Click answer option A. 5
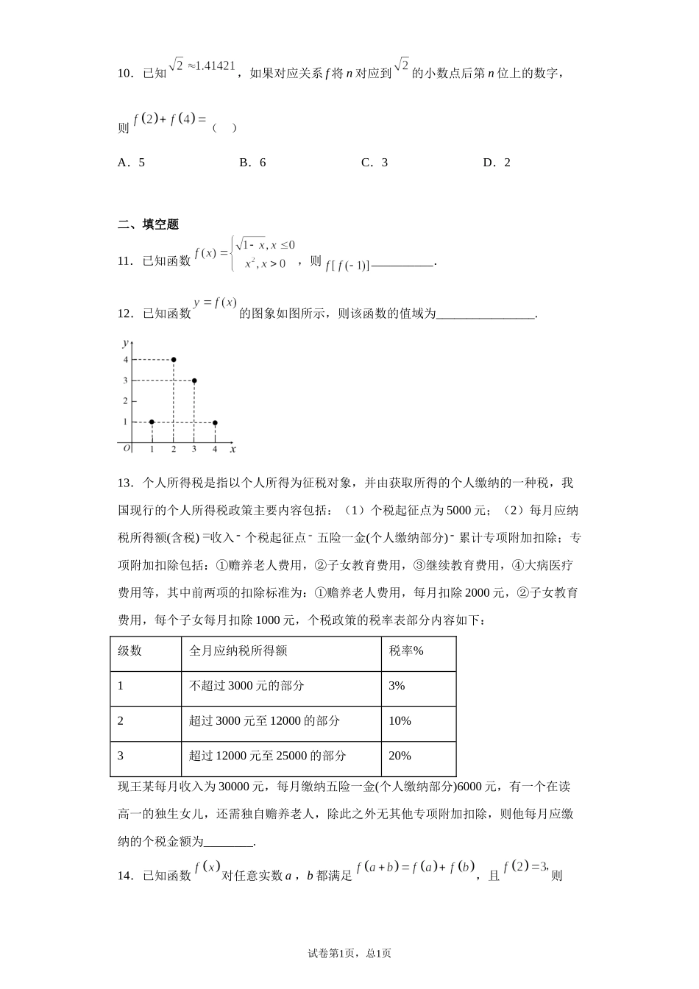point(131,163)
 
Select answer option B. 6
point(252,163)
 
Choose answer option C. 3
point(375,163)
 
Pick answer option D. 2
point(497,163)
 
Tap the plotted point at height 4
point(173,360)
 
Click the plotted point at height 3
point(194,380)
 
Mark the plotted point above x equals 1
point(152,422)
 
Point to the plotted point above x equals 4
point(215,423)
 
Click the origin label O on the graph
point(127,447)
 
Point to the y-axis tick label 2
point(125,401)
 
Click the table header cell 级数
point(130,651)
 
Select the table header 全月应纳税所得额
point(238,651)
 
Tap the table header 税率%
point(406,651)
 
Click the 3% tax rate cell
point(397,686)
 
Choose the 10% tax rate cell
point(400,721)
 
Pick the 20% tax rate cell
point(400,756)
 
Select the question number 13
point(124,483)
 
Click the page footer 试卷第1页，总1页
point(349,953)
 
